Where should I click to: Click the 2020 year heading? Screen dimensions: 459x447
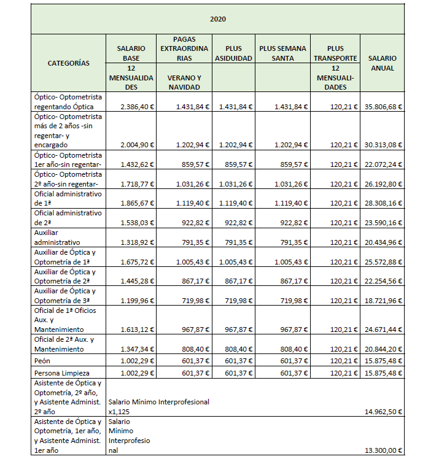(x=217, y=19)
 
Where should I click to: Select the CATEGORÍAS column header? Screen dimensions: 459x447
(x=69, y=63)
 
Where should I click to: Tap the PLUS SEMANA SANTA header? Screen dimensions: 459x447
(x=282, y=53)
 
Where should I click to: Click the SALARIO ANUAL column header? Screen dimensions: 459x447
(x=383, y=63)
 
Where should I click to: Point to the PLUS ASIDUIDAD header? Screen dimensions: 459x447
(x=233, y=53)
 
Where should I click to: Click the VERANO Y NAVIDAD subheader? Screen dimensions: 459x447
(x=184, y=82)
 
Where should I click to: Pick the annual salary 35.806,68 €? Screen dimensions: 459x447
(x=383, y=107)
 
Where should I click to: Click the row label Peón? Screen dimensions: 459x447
(x=43, y=360)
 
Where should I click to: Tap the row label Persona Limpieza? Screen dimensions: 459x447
(x=62, y=372)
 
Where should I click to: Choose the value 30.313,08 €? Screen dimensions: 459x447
(x=383, y=145)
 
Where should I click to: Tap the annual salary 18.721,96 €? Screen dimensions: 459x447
(x=383, y=300)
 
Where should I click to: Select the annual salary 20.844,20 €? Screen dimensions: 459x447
(x=383, y=349)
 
